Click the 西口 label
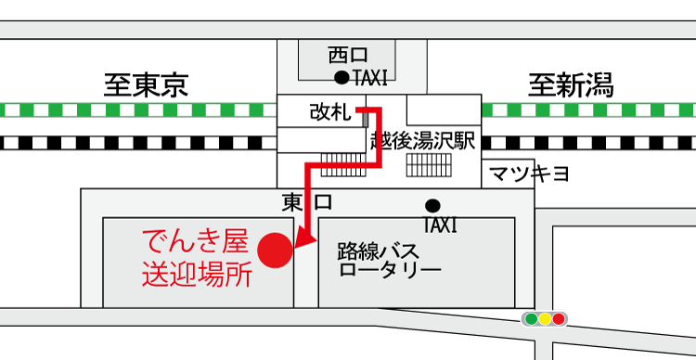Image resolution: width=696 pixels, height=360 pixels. pos(349,56)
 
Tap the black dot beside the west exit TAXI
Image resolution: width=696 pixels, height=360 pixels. pos(342,77)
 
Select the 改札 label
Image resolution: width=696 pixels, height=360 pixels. pos(329,112)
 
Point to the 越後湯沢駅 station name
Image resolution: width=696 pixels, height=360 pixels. pos(422,141)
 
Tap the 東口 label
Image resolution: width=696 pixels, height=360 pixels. pos(307,202)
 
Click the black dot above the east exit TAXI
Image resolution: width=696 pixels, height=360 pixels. pos(432,205)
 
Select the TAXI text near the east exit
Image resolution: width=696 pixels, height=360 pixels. pos(440,225)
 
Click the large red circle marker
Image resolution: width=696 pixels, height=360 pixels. pos(275,250)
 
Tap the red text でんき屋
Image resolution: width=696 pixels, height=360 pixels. pos(195,243)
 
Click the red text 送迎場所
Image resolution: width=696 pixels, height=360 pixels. pos(196,275)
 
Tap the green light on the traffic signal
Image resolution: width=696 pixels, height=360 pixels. pos(531,319)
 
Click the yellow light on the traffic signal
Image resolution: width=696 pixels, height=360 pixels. pos(545,319)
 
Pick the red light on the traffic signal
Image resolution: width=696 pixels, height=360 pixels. pos(559,319)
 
